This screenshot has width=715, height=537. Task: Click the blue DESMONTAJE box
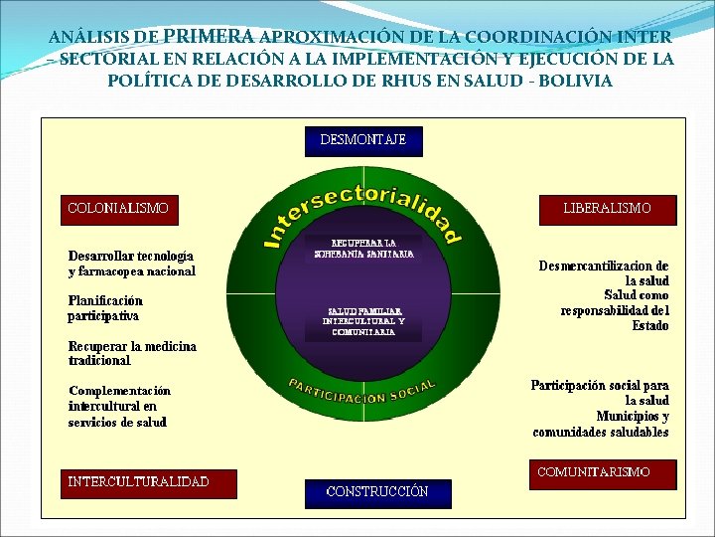click(362, 140)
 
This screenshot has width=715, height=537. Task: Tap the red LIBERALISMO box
click(607, 209)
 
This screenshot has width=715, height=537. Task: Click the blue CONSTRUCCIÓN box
click(377, 491)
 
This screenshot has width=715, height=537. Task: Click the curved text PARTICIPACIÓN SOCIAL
click(361, 391)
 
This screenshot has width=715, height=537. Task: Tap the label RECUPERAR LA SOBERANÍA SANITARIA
click(363, 249)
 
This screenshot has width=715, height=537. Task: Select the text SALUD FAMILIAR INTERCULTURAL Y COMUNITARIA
click(363, 321)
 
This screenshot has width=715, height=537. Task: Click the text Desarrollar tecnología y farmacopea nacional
click(131, 264)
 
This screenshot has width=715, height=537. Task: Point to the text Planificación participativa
click(105, 308)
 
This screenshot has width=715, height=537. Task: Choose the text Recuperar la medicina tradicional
click(132, 353)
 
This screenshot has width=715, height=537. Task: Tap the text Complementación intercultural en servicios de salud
click(119, 407)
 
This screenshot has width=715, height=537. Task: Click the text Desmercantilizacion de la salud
click(604, 273)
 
